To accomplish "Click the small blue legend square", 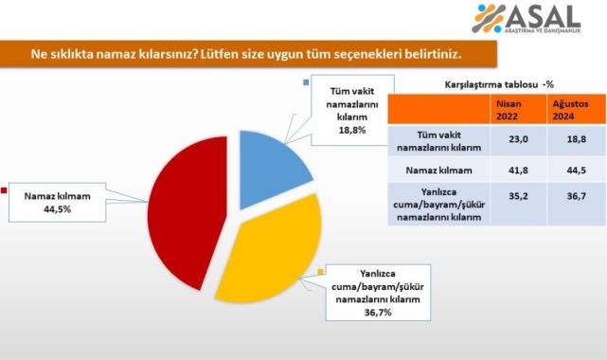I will pos(306,82).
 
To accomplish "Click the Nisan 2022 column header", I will pos(508,109).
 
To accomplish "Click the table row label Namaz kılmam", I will pos(437,171).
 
